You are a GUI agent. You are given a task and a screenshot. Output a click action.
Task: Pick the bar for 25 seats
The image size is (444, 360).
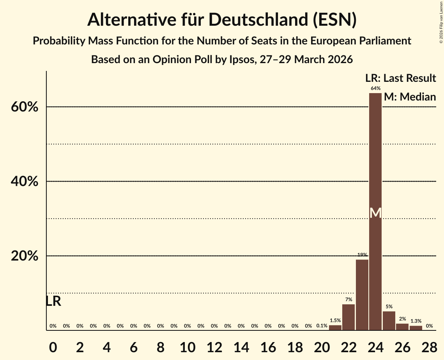pyautogui.click(x=389, y=321)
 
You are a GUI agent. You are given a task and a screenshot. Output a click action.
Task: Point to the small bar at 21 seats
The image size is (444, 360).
pyautogui.click(x=335, y=328)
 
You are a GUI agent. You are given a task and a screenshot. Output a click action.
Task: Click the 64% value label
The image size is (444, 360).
pyautogui.click(x=375, y=88)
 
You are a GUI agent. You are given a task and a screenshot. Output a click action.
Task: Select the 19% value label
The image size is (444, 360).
pyautogui.click(x=362, y=255)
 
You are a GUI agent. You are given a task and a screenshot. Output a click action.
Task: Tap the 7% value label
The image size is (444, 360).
pyautogui.click(x=348, y=300)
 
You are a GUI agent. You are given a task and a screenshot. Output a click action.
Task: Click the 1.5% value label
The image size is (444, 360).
pyautogui.click(x=335, y=320)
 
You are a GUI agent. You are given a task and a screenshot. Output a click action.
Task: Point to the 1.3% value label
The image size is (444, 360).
pyautogui.click(x=416, y=321)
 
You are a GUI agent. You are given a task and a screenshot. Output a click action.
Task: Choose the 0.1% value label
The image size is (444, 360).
pyautogui.click(x=322, y=326)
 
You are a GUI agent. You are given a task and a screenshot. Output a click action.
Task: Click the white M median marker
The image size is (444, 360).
pyautogui.click(x=375, y=213)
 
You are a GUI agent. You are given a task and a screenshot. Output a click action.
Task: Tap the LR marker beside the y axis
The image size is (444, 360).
pyautogui.click(x=53, y=301)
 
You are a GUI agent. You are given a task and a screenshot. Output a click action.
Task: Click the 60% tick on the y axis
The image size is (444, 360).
pyautogui.click(x=25, y=107)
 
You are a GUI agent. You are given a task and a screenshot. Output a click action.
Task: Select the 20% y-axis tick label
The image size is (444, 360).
pyautogui.click(x=25, y=256)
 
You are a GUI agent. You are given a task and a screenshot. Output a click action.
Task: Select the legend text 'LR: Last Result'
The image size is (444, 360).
pyautogui.click(x=401, y=78)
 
